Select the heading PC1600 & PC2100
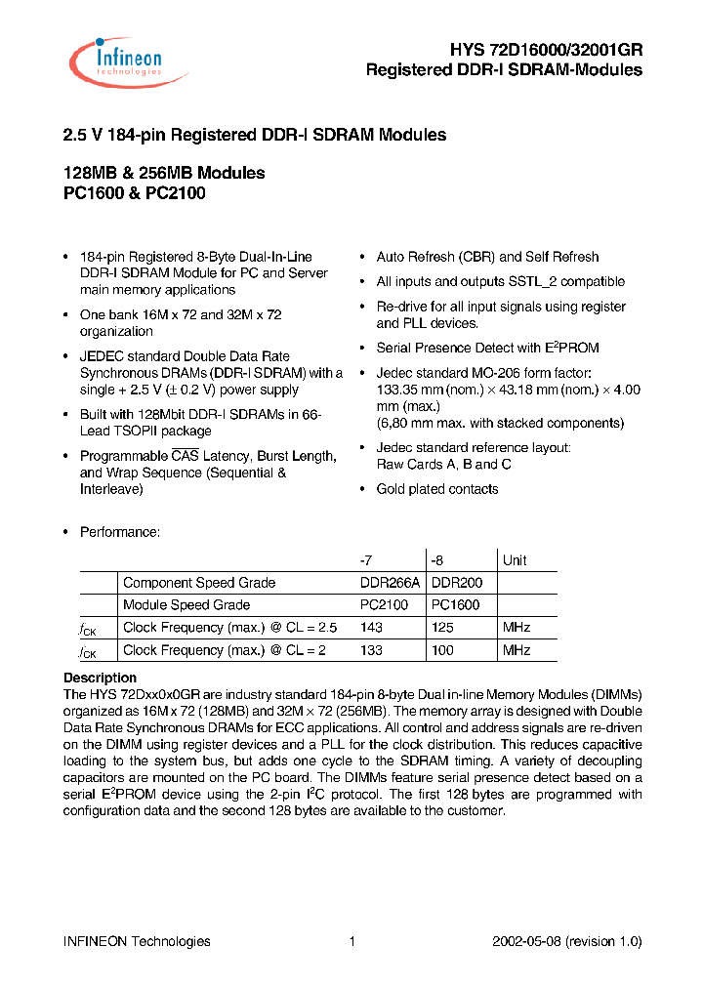134,193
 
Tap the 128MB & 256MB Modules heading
163,173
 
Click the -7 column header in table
366,560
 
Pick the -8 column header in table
437,560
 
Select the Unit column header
515,560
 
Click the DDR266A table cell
390,583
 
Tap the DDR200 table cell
457,583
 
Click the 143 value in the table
371,628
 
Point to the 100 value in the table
441,650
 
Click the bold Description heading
100,678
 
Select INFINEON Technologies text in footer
137,941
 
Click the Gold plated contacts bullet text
437,489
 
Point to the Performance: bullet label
119,532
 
